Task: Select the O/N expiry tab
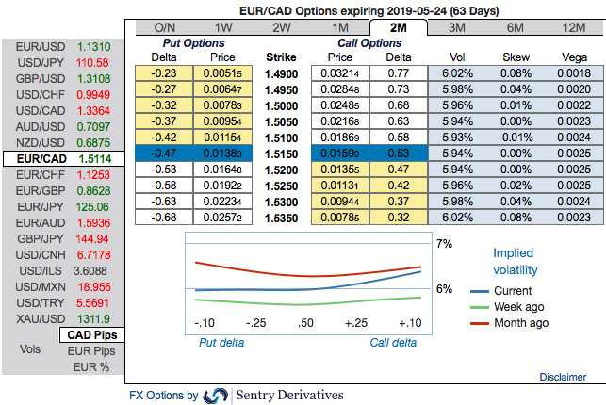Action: coord(165,27)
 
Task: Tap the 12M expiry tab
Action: coord(571,27)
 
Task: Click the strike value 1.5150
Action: coord(282,152)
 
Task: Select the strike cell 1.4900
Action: coord(282,73)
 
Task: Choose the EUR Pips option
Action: coord(90,350)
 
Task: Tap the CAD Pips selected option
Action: coord(90,334)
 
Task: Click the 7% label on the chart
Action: coord(444,243)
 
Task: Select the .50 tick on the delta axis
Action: coord(305,323)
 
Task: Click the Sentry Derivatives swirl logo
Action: coord(216,395)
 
